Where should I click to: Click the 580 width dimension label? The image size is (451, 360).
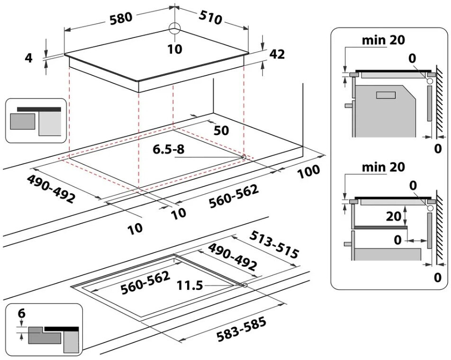[x=121, y=18]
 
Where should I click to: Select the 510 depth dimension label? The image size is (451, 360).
[x=210, y=18]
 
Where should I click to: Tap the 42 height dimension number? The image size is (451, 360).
[x=277, y=54]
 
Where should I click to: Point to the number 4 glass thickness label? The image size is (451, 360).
[x=29, y=58]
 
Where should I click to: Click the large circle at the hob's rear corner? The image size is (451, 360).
[x=175, y=29]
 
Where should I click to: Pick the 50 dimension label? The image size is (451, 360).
[x=221, y=131]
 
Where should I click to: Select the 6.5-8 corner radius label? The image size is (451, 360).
[x=169, y=150]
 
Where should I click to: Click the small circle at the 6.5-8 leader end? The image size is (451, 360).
[x=244, y=157]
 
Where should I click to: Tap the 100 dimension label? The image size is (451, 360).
[x=308, y=171]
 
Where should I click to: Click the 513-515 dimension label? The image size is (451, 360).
[x=274, y=244]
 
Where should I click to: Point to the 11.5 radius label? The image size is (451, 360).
[x=189, y=286]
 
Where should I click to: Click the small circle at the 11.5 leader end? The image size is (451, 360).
[x=245, y=285]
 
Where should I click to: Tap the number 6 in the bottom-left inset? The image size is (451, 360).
[x=22, y=314]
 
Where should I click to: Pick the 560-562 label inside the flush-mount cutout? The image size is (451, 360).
[x=145, y=283]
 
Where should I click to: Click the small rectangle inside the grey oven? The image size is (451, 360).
[x=386, y=95]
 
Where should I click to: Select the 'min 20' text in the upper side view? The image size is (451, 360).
[x=383, y=40]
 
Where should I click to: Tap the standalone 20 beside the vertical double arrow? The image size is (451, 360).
[x=393, y=216]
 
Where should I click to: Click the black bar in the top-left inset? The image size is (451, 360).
[x=39, y=109]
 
